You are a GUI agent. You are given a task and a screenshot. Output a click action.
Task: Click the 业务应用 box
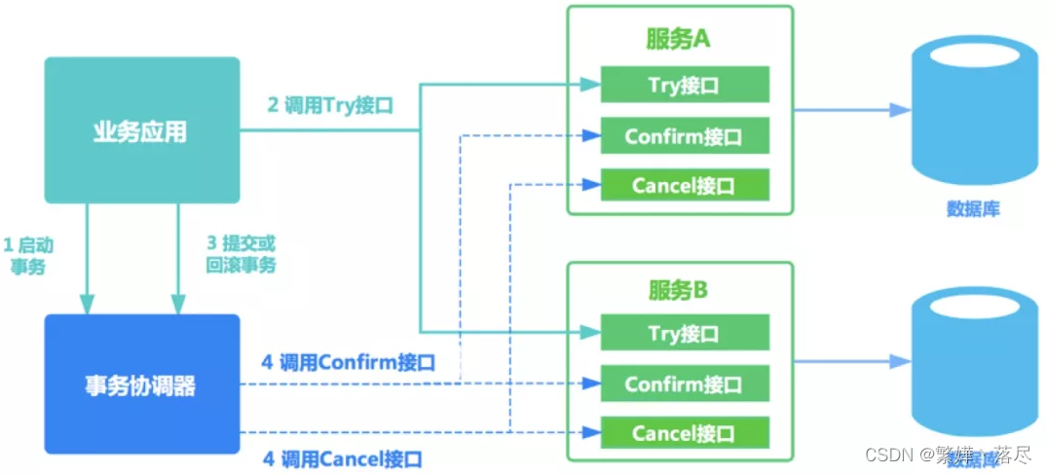coord(141,130)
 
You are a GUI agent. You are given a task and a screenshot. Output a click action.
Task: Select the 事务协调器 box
coord(141,384)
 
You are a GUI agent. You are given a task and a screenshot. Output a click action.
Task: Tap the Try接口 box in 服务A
coord(684,86)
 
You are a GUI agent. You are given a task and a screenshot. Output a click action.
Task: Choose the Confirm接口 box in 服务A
coord(684,136)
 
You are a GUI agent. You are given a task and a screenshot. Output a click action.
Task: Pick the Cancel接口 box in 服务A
coord(684,185)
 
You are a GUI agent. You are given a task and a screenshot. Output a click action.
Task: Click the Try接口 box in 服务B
coord(684,334)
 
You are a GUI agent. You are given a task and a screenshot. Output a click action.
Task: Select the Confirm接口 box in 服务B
coord(684,383)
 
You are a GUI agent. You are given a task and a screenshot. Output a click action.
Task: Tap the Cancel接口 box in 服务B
coord(684,433)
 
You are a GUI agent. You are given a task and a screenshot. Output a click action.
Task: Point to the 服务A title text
coord(680,38)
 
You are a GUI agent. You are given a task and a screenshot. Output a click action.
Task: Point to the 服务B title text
coord(680,290)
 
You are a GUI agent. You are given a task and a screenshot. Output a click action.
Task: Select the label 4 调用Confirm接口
coord(348,363)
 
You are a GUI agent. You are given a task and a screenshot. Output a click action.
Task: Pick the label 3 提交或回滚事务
coord(241,254)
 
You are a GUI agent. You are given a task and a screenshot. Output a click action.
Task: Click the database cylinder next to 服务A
coord(974,112)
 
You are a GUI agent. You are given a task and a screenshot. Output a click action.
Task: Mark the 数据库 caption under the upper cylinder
coord(973,208)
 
